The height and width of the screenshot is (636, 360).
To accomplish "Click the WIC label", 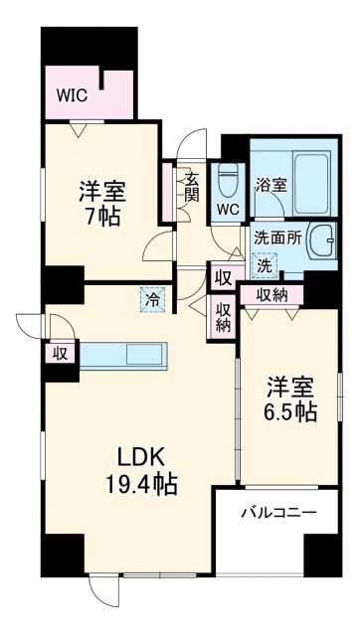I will pos(70,97).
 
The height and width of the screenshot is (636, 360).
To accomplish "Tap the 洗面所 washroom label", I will pos(273,238).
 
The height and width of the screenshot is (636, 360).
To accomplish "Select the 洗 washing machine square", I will pos(265,265).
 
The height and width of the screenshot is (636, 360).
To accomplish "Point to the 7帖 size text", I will pos(103,216).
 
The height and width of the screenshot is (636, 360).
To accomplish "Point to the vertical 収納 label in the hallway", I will pos(223,318).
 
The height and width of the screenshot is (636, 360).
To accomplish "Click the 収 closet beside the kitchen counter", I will pos(61,353).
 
